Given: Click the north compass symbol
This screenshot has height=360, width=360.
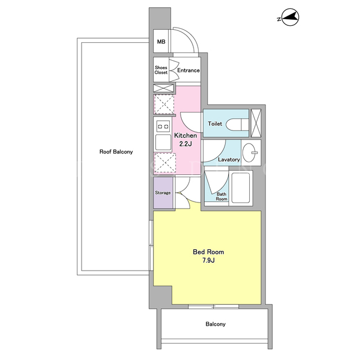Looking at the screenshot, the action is point(290,17).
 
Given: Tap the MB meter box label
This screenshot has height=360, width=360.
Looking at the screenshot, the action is point(161,42).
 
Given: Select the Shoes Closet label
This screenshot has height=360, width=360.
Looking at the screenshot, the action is point(161,70).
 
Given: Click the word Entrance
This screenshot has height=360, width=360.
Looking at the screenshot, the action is point(188,70).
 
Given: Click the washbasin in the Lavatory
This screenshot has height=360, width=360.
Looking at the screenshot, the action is point(250,152).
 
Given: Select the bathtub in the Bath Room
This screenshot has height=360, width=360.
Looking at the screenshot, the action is point(240,188).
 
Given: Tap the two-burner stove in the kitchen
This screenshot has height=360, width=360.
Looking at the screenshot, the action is point(163,126).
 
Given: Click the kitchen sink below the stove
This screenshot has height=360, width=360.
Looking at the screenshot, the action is point(163,142).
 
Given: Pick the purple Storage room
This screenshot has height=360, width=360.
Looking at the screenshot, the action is point(163,192).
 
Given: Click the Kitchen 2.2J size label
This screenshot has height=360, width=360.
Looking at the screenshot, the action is point(186,139).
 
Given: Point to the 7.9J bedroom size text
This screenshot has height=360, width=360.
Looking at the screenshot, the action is point(209,260).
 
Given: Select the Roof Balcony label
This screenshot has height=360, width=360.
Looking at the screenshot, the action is point(116,152).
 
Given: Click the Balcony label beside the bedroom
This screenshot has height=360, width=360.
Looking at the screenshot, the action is point(215,324).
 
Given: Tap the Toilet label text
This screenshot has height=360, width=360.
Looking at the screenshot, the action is point(215,124).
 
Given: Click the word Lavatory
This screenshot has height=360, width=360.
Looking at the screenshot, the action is point(229,159).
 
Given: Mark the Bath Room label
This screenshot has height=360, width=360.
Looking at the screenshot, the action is point(221,196).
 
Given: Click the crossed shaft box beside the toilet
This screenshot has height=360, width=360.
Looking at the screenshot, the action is point(256,123).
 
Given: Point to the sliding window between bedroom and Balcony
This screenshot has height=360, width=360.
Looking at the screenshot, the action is point(214,307).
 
